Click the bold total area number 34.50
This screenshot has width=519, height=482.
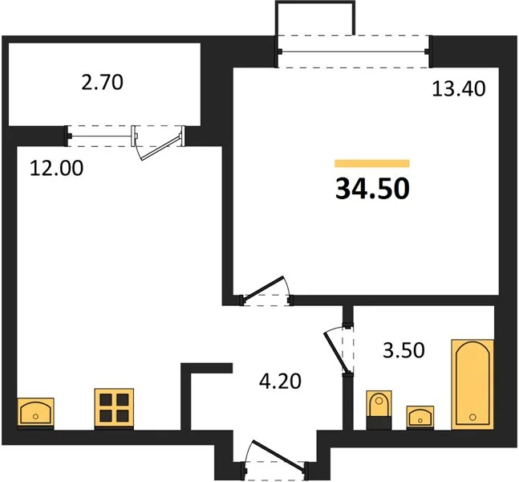coord(372,189)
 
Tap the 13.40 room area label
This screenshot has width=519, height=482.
coord(459,89)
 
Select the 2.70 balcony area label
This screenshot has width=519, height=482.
coord(102,82)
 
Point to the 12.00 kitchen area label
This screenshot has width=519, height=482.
coord(57,168)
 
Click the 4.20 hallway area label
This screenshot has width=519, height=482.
coord(280,381)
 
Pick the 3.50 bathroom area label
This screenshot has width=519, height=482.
coord(403,350)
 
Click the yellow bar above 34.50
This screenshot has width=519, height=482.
coord(372,163)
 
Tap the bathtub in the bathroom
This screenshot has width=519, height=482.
coord(472,385)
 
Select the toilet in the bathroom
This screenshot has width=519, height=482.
coord(379,410)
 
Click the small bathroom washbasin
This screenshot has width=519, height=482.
coord(420,417)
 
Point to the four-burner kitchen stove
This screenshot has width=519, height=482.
coord(114,409)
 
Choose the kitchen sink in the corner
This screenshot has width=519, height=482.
coord(35,413)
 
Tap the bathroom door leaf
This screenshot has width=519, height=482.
coord(336,352)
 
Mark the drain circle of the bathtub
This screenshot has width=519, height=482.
coord(472,417)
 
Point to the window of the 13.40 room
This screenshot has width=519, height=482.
coord(354,51)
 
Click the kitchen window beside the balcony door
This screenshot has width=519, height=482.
coord(99,136)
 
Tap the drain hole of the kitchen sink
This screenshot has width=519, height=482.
coord(35,416)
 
